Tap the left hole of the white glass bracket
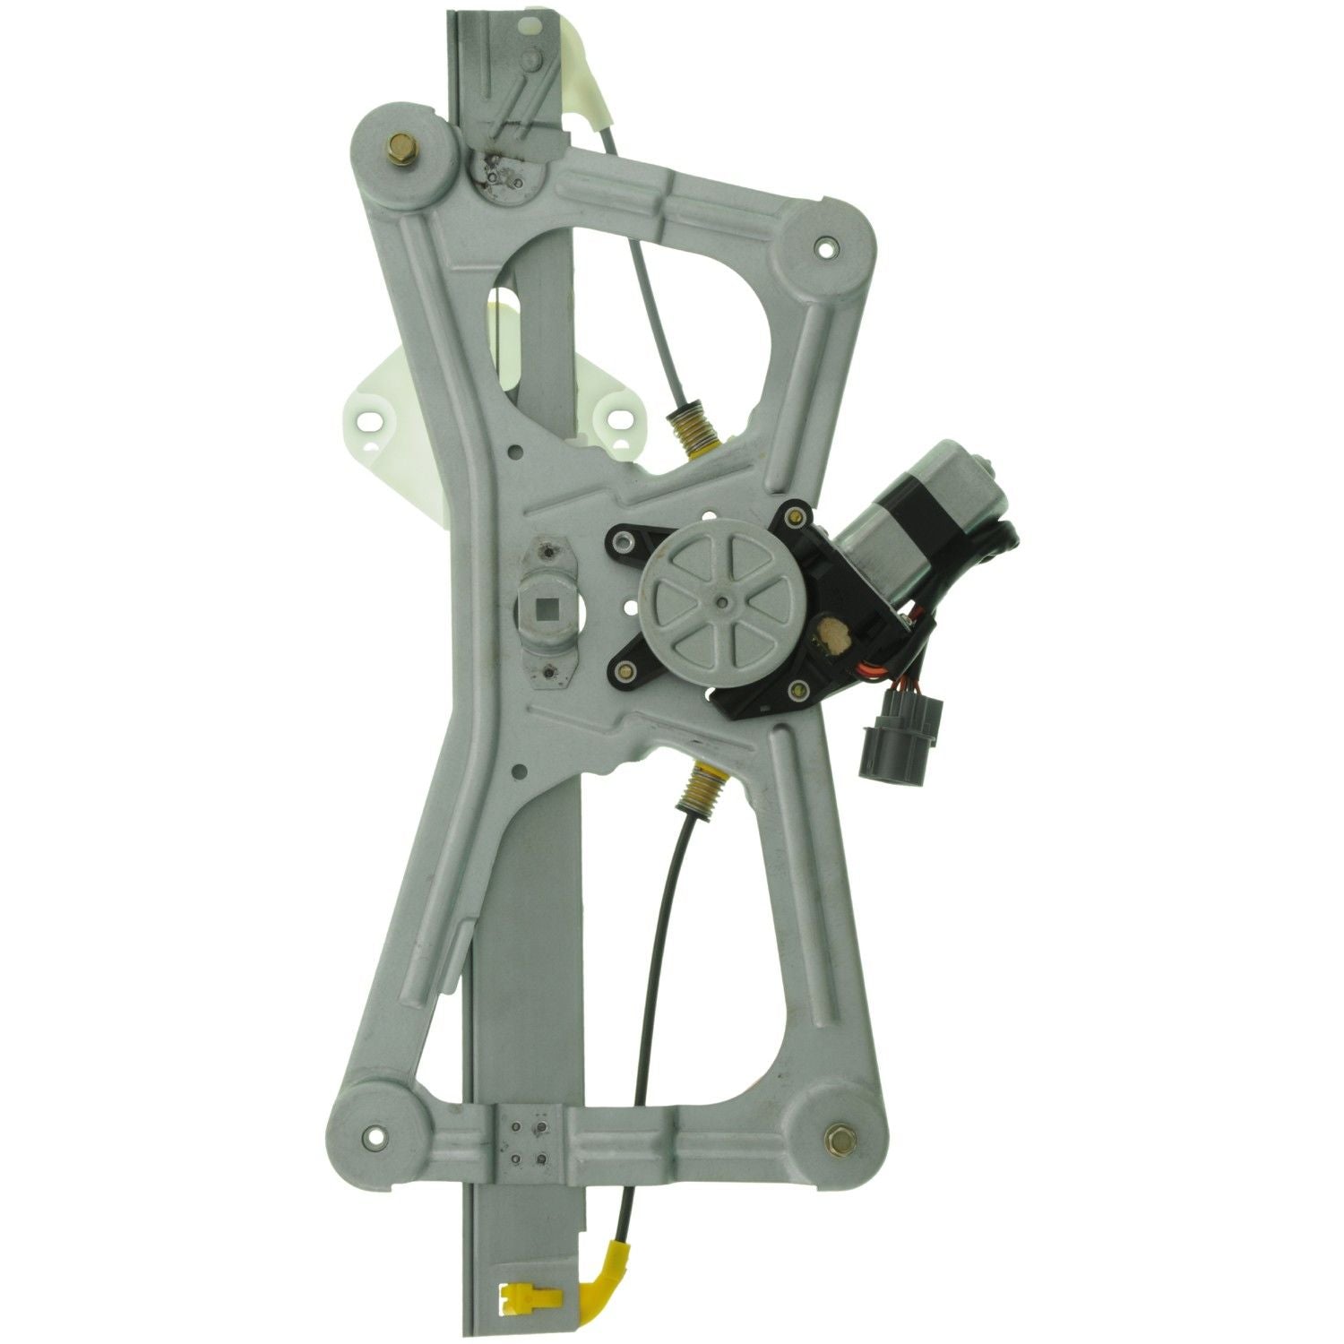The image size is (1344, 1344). [368, 417]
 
